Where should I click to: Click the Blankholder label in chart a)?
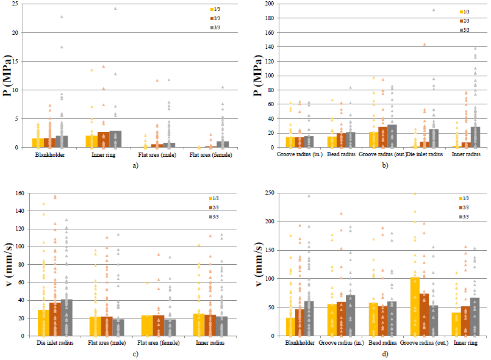[x=50, y=155]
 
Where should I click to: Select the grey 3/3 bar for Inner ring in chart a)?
[x=115, y=139]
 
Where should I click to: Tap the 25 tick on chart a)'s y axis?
[x=15, y=4]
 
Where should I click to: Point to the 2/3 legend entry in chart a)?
[x=215, y=18]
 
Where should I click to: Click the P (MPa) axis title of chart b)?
[x=258, y=75]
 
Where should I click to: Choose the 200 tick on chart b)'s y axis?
[x=270, y=4]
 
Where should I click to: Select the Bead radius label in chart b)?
[x=341, y=154]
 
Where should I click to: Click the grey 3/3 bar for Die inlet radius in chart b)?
[x=434, y=138]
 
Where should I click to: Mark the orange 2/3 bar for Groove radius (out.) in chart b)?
[x=382, y=137]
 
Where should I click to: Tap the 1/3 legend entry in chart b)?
[x=464, y=12]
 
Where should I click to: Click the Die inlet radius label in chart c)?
[x=55, y=343]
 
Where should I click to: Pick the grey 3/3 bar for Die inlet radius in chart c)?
[x=66, y=318]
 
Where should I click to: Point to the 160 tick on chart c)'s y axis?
[x=20, y=193]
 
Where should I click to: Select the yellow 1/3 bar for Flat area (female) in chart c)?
[x=147, y=326]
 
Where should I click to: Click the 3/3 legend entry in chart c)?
[x=214, y=217]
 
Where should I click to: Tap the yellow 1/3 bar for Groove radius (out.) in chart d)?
[x=415, y=306]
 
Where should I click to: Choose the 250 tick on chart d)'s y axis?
[x=270, y=193]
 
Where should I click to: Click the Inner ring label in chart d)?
[x=465, y=343]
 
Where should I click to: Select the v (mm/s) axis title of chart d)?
[x=258, y=264]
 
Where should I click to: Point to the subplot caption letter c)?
[x=135, y=354]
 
